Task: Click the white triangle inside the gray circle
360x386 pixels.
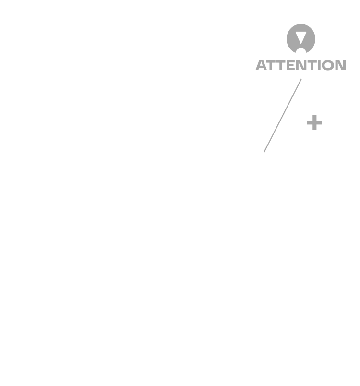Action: (301, 37)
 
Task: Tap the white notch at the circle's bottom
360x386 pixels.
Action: (301, 51)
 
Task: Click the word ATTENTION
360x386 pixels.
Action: (300, 65)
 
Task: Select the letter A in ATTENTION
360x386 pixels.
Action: (261, 65)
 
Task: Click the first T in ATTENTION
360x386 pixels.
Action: (272, 65)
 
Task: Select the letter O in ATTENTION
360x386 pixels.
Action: (329, 65)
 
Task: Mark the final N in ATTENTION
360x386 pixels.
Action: (341, 65)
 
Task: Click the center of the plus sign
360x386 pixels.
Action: (314, 122)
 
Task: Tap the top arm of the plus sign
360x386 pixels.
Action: (314, 118)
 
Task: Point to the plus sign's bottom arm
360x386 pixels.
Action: (314, 127)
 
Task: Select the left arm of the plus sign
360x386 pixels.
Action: (310, 122)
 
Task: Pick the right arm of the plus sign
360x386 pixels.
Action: (319, 122)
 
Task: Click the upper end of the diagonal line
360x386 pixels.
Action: (301, 79)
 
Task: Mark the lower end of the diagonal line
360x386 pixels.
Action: (264, 152)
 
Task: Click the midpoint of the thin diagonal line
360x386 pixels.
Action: (283, 115)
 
